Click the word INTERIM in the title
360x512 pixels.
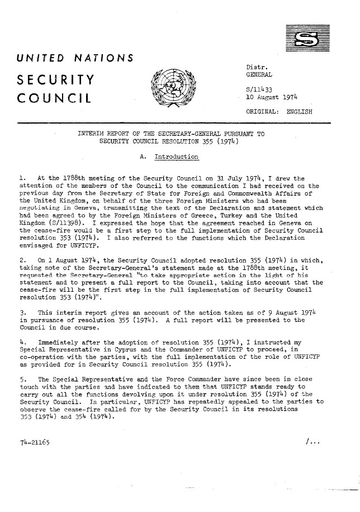pyautogui.click(x=92, y=134)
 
